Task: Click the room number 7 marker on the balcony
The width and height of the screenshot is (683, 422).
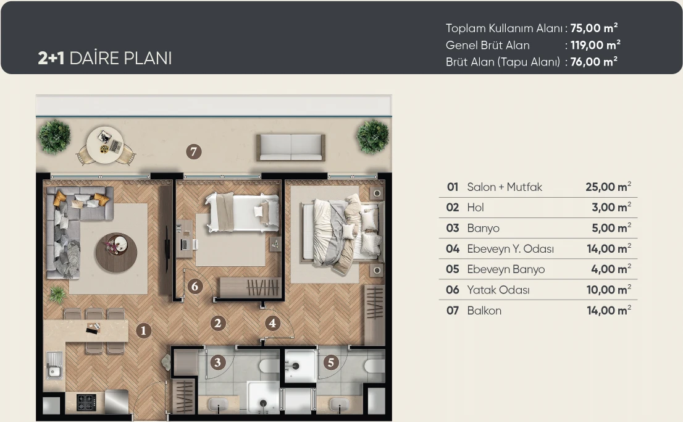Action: pos(194,152)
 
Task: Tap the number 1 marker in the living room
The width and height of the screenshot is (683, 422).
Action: pos(143,331)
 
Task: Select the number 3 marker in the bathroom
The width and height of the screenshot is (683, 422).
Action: pos(218,362)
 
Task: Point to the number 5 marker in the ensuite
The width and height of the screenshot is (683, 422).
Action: pos(330,362)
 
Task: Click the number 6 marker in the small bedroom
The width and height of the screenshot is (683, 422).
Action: pos(195,286)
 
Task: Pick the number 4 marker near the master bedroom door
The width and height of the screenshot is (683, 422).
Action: pos(272,323)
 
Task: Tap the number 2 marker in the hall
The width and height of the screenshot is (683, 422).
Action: pos(218,323)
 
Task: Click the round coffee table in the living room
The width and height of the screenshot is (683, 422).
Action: pos(116,253)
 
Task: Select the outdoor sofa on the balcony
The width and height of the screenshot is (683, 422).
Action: pos(291,147)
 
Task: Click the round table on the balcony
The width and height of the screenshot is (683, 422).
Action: pos(104,145)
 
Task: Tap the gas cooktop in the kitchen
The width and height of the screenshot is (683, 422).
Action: pos(86,402)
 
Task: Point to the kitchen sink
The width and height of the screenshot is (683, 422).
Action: pos(54,365)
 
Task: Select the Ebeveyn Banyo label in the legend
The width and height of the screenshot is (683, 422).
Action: pos(506,269)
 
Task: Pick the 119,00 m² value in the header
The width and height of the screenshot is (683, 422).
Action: pos(595,45)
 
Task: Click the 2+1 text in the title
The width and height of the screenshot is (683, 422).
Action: pos(51,58)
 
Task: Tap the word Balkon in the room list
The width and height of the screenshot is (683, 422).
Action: pos(484,310)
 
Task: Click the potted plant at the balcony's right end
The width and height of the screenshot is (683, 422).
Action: pos(373,137)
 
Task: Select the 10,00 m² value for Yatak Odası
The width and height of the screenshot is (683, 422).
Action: pos(608,290)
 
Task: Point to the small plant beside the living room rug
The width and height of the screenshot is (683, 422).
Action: pos(57,295)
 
